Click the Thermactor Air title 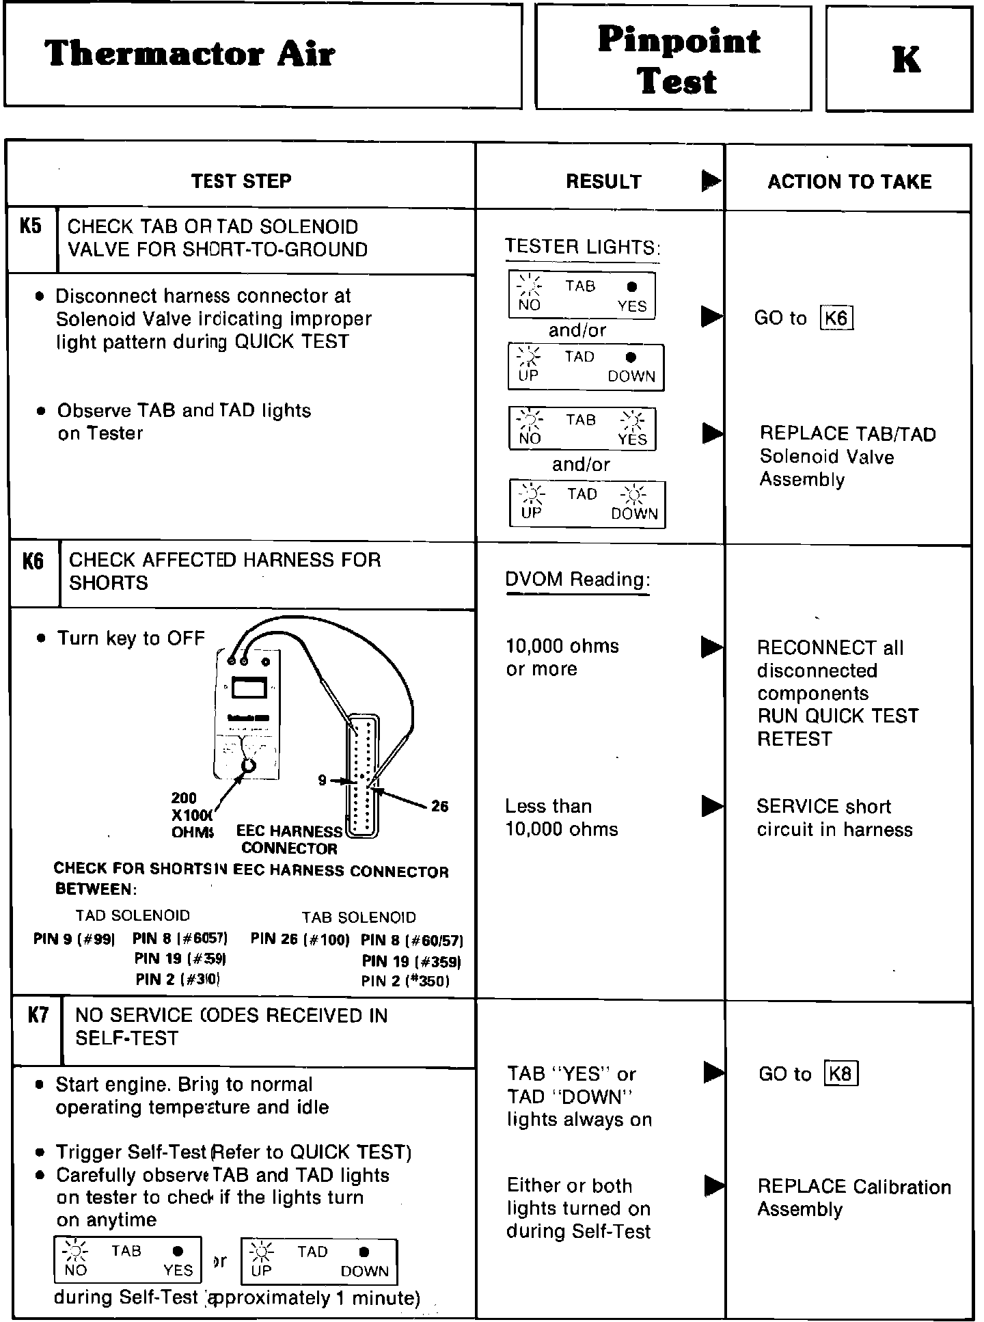[189, 53]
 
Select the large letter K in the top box [905, 59]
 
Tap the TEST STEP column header [241, 181]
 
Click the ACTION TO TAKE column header [849, 182]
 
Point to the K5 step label [31, 226]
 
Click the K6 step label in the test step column [33, 562]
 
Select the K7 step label [38, 1015]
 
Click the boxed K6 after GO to [836, 319]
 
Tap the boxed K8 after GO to [840, 1074]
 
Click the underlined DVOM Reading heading [577, 580]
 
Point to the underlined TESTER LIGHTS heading [582, 247]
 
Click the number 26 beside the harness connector [440, 807]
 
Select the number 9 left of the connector [322, 780]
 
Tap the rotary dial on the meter [249, 764]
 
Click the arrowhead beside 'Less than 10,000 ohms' [712, 806]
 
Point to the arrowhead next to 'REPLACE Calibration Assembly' [714, 1186]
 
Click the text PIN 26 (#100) [299, 939]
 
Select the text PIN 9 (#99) [74, 939]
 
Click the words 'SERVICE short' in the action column [823, 807]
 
